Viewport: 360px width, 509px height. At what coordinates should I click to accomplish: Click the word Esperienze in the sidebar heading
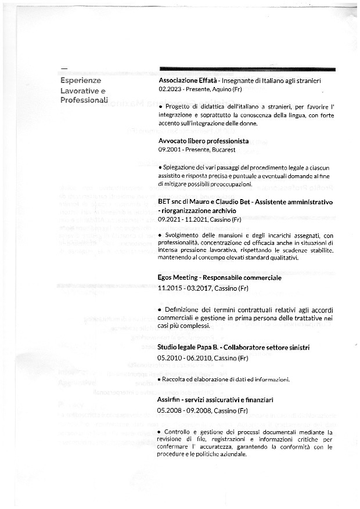click(x=81, y=81)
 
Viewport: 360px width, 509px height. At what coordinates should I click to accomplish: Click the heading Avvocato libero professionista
click(x=203, y=140)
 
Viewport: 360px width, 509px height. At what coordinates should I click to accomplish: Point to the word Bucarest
click(x=223, y=149)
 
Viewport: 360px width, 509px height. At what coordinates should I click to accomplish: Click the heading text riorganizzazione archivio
click(x=199, y=211)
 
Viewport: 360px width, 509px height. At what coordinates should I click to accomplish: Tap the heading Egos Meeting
click(x=178, y=277)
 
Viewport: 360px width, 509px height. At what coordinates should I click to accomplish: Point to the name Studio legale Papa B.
click(x=186, y=347)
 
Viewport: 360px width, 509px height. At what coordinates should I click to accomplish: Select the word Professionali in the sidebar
click(x=85, y=100)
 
